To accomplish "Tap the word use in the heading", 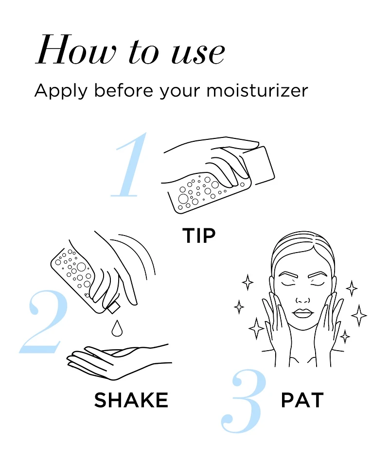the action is click(198, 53).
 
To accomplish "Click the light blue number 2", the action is click(43, 322).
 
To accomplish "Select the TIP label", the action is click(199, 236).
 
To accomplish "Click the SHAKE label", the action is click(131, 400).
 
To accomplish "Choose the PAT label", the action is click(302, 400).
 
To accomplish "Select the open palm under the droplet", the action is click(118, 362).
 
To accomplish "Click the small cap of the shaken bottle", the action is click(113, 308).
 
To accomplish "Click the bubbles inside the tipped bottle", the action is click(200, 190).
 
